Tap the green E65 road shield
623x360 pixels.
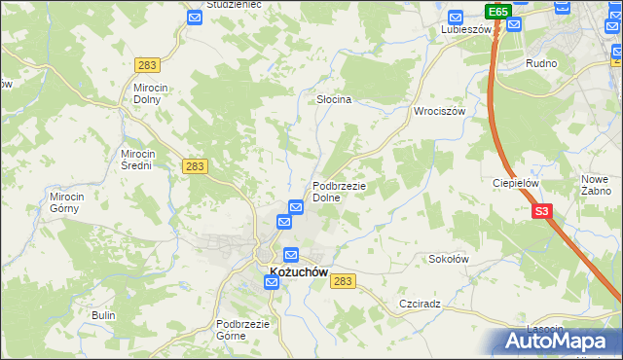pos(498,12)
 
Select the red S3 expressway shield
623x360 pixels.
pos(542,210)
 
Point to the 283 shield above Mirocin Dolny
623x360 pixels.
pos(148,64)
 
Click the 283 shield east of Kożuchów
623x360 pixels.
pos(342,280)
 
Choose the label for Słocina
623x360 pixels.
pos(334,100)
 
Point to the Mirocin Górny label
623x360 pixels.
pos(69,201)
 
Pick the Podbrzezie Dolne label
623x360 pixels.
pos(339,192)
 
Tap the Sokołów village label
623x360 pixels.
pos(450,260)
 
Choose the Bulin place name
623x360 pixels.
pos(103,315)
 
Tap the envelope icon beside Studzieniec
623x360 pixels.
pos(195,18)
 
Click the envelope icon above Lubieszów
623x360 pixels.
pos(455,17)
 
